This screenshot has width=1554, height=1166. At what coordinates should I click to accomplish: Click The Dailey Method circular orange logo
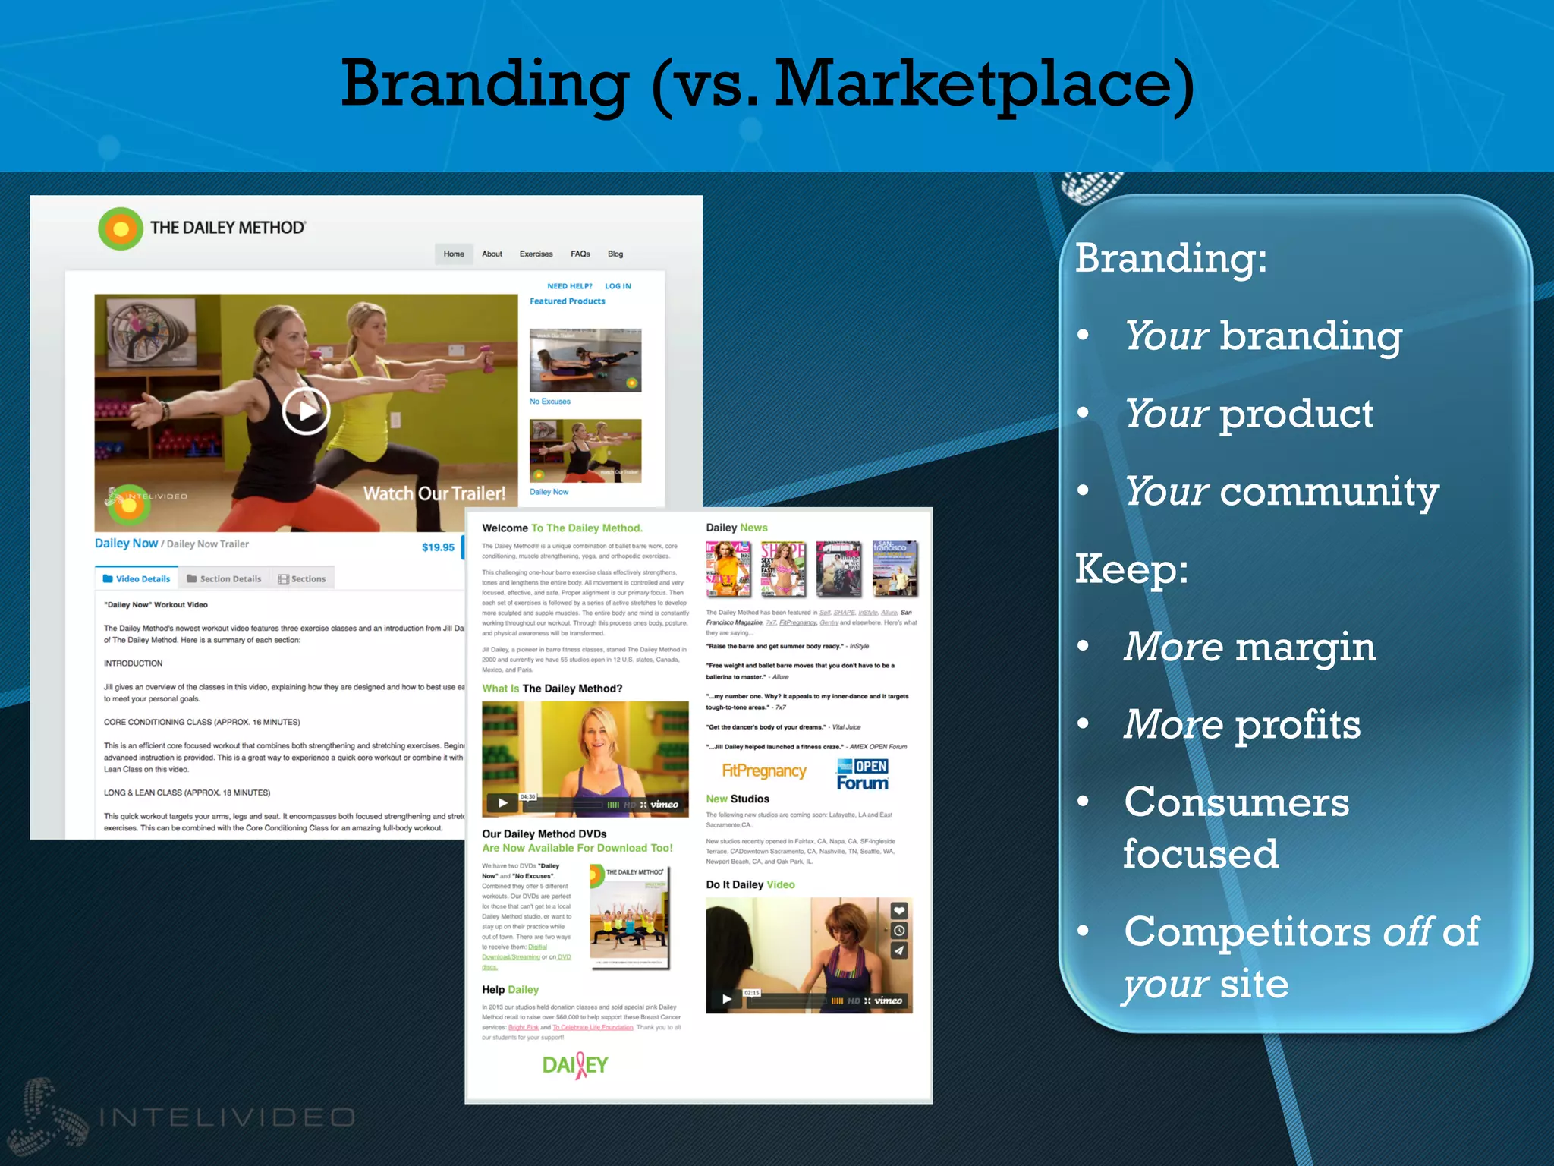click(121, 228)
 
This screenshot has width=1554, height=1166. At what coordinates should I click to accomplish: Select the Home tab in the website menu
click(454, 254)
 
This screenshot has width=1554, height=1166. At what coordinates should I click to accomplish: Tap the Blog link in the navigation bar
click(615, 254)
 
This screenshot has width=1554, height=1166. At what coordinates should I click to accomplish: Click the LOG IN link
click(618, 286)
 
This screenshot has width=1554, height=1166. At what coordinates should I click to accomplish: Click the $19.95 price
click(438, 547)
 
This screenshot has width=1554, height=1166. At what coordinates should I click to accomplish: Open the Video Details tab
click(137, 578)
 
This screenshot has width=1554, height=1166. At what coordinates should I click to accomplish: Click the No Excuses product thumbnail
click(585, 360)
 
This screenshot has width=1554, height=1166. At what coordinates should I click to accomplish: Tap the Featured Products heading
click(567, 301)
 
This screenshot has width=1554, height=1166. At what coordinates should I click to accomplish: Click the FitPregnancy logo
click(763, 771)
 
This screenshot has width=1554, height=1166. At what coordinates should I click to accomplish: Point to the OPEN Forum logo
click(862, 774)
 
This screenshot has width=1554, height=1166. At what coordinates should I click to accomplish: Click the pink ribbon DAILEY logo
click(575, 1065)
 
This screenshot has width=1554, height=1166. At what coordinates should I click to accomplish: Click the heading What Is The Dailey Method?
click(552, 689)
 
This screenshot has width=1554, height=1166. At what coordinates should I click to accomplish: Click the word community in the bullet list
click(1329, 492)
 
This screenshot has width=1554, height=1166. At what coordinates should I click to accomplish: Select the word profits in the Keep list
click(1298, 725)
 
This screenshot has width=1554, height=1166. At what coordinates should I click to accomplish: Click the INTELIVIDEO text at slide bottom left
click(227, 1117)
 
